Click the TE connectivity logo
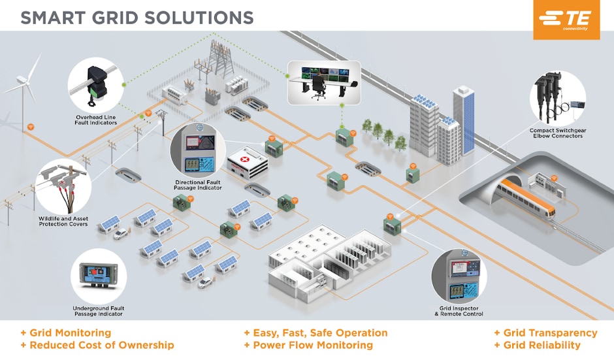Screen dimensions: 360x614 click(566, 20)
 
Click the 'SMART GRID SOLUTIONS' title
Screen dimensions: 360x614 click(137, 18)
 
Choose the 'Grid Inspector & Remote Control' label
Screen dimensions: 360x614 click(459, 310)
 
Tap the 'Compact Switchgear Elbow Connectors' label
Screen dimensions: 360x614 click(557, 133)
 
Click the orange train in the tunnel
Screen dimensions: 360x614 click(526, 199)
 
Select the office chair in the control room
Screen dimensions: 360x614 click(319, 86)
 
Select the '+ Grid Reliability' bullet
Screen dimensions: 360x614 click(537, 345)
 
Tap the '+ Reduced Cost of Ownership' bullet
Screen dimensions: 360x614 click(97, 345)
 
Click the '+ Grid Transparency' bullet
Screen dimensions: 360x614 click(545, 333)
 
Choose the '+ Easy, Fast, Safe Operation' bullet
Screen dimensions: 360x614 click(315, 333)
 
